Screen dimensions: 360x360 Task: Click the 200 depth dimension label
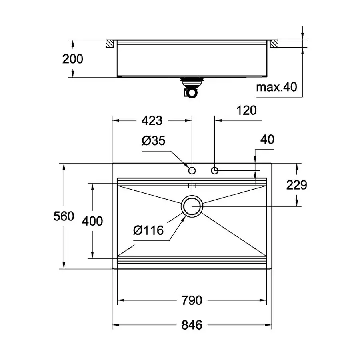pyautogui.click(x=73, y=59)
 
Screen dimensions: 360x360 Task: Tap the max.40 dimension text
pyautogui.click(x=276, y=87)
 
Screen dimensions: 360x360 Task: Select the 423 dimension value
pyautogui.click(x=152, y=120)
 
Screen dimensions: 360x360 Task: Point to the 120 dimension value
pyautogui.click(x=246, y=110)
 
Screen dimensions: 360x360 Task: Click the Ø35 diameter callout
pyautogui.click(x=153, y=141)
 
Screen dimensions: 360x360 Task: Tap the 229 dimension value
pyautogui.click(x=296, y=185)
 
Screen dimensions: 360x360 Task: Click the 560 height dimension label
pyautogui.click(x=64, y=216)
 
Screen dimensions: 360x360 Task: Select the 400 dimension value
pyautogui.click(x=92, y=220)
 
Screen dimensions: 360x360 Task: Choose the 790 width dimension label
pyautogui.click(x=192, y=300)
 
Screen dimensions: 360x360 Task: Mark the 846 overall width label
pyautogui.click(x=192, y=325)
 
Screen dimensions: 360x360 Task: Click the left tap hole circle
pyautogui.click(x=192, y=171)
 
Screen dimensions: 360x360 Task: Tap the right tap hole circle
pyautogui.click(x=215, y=171)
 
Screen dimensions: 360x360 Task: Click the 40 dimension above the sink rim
pyautogui.click(x=267, y=140)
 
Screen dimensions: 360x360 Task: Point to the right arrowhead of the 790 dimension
pyautogui.click(x=264, y=300)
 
